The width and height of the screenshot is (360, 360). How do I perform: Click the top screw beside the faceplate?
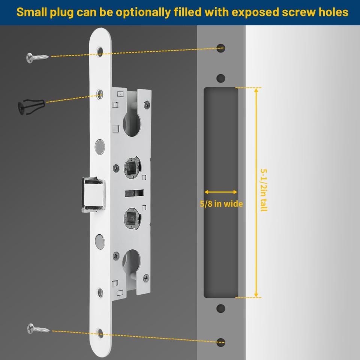pos(37,57)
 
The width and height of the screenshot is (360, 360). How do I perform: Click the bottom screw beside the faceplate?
pos(38,329)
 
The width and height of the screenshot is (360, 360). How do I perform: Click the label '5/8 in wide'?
pos(221,204)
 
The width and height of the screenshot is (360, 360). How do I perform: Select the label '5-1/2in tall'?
pos(264,189)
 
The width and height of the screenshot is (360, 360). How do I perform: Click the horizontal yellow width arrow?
pos(220,192)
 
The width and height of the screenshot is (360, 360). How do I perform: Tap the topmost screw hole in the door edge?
pos(221,48)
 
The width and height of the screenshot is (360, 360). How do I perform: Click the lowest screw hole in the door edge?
pos(221,342)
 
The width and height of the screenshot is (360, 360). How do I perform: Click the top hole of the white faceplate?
pos(100,51)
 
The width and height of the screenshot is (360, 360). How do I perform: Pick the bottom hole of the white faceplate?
pos(100,333)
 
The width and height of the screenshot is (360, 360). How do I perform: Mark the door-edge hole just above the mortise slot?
pos(221,78)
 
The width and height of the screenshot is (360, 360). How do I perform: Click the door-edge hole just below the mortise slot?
pos(221,309)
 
